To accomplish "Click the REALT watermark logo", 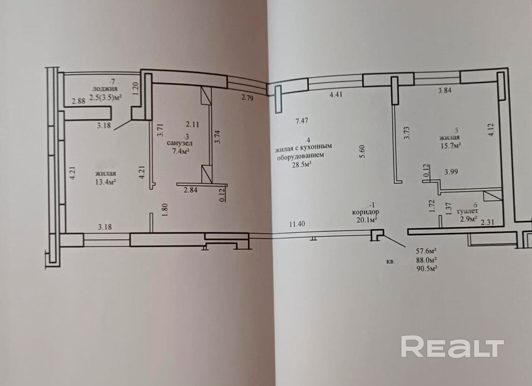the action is pos(452,347).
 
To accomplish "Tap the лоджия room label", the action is pos(105,89).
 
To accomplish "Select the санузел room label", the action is pos(180,144).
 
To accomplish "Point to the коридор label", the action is pos(365,212).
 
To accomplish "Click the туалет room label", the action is pos(467,211).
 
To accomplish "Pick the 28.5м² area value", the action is pos(302,165).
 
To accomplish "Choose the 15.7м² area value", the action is pos(451,145).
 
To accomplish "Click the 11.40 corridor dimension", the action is pos(297,224).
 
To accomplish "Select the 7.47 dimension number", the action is pos(302,121).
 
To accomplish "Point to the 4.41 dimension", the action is pos(336,95).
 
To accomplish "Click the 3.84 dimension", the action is pos(445,91).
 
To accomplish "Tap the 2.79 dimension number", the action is pos(248,98).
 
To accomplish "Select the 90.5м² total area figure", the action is pos(426,268).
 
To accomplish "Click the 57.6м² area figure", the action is pos(426,251).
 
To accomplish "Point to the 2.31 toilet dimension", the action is pos(487,222).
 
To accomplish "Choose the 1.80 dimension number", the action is pos(165,210).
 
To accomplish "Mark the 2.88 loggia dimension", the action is pos(79,101).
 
